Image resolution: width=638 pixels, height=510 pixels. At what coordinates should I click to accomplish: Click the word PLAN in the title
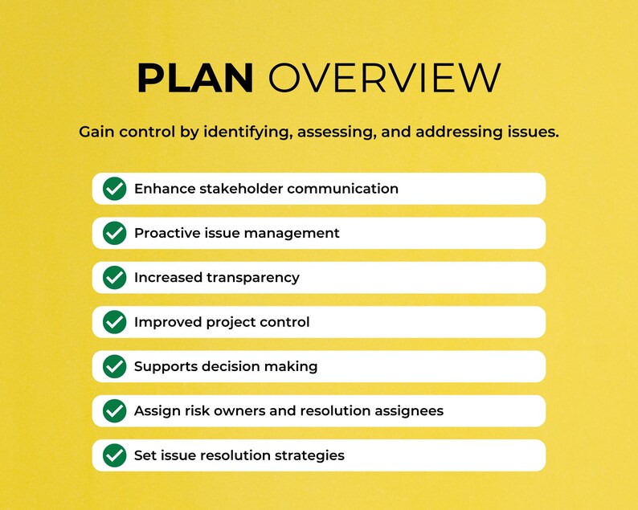pyautogui.click(x=195, y=78)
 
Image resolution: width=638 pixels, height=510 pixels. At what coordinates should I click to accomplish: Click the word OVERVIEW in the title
pyautogui.click(x=384, y=78)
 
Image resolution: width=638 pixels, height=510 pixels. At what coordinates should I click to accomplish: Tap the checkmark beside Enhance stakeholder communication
pyautogui.click(x=115, y=189)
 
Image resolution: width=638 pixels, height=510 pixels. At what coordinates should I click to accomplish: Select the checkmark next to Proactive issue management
pyautogui.click(x=115, y=233)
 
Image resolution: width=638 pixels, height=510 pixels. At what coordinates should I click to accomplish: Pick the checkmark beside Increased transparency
pyautogui.click(x=115, y=278)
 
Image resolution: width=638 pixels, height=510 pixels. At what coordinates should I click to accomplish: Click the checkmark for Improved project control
pyautogui.click(x=115, y=322)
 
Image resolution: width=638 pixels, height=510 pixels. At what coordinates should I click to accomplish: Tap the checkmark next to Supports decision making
pyautogui.click(x=115, y=366)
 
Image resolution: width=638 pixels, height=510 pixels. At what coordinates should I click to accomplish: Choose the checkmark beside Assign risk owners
pyautogui.click(x=115, y=411)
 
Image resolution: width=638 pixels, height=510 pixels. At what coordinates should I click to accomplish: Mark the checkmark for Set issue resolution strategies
pyautogui.click(x=115, y=455)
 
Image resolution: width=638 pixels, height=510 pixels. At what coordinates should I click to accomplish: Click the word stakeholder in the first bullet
pyautogui.click(x=239, y=189)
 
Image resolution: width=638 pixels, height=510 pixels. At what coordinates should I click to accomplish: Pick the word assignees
pyautogui.click(x=406, y=411)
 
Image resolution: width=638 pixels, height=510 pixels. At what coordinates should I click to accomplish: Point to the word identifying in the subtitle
pyautogui.click(x=247, y=132)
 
